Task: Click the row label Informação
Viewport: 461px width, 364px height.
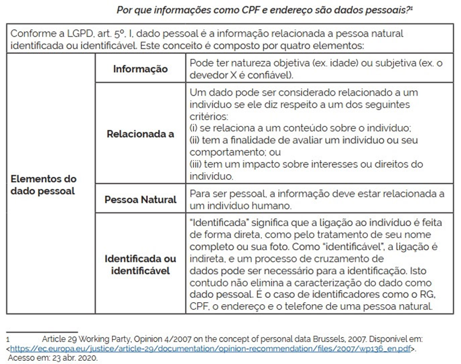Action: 140,69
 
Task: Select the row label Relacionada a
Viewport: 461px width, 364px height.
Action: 140,134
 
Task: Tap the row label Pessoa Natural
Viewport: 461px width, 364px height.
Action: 140,200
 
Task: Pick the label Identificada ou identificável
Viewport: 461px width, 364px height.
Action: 140,264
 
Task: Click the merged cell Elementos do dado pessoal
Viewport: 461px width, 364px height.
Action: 44,185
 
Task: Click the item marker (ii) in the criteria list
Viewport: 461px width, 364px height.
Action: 196,140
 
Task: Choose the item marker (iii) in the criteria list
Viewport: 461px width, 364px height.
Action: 197,164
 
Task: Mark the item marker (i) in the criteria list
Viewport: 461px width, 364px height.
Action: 194,128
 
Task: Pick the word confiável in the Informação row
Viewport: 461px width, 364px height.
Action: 274,74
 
